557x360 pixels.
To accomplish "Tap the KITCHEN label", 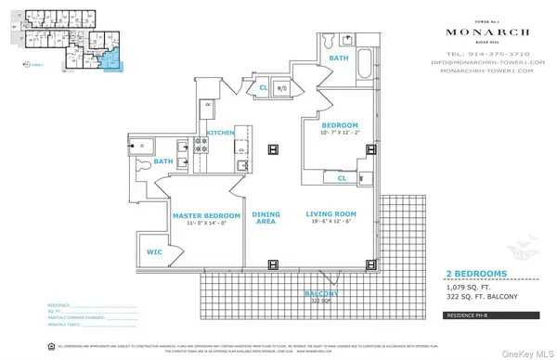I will coord(222,133).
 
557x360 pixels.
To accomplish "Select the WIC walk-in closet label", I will coord(154,251).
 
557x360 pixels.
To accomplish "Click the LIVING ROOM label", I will coord(331,214).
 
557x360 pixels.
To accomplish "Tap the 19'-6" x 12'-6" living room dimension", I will coord(331,223).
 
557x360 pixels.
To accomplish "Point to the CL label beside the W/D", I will coord(264,89).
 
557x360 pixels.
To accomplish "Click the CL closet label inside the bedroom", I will coord(342,177).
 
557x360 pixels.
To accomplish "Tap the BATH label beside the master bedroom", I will coord(164,161).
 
